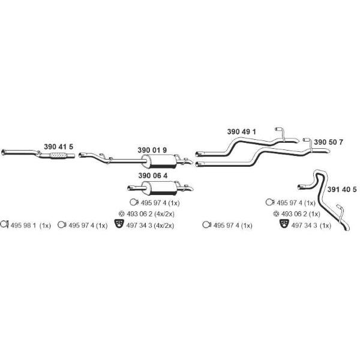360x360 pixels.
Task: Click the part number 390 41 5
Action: click(x=59, y=147)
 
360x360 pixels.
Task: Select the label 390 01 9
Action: click(x=152, y=150)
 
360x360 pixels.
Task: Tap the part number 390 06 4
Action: click(x=153, y=176)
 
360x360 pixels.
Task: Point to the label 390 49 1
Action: click(x=242, y=131)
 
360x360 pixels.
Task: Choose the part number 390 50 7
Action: click(x=329, y=142)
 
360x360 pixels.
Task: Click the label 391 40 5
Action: click(x=342, y=190)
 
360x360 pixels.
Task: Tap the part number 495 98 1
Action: click(x=23, y=226)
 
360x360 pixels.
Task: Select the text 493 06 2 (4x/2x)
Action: click(x=151, y=214)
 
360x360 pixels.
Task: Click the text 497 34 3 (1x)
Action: click(x=311, y=226)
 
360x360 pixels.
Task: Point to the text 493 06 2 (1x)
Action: click(x=301, y=214)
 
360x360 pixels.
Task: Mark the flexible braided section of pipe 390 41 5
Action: click(x=58, y=155)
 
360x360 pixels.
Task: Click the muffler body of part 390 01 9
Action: click(x=159, y=161)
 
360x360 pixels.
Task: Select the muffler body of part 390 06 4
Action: click(x=160, y=188)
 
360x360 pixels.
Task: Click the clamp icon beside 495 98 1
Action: click(x=4, y=224)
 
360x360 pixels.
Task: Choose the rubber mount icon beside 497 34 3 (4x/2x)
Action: click(x=119, y=224)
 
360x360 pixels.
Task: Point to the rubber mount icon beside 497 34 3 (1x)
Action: click(x=284, y=224)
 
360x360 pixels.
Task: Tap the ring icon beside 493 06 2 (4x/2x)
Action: click(x=121, y=214)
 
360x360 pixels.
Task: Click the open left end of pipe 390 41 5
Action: click(x=3, y=152)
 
